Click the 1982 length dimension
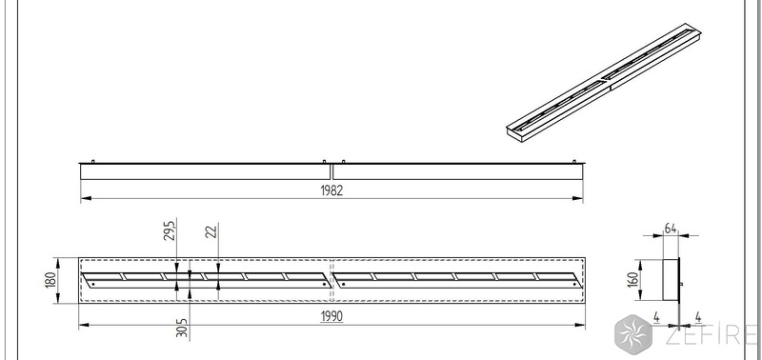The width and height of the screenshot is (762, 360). [331, 190]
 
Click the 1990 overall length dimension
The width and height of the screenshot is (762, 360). [331, 317]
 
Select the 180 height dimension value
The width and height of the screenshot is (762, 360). [51, 281]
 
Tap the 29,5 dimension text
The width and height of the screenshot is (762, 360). [170, 230]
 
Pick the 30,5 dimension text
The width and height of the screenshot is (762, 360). [182, 328]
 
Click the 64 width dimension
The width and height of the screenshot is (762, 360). [671, 229]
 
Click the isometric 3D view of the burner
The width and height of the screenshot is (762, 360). [604, 83]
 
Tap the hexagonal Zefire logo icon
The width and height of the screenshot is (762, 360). [633, 333]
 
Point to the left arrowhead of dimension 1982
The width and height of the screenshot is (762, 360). [86, 198]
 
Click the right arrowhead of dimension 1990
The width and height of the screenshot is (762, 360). [580, 325]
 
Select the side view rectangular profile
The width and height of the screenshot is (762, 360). [671, 280]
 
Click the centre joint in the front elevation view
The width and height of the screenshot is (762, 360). [331, 172]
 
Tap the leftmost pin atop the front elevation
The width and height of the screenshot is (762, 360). [92, 161]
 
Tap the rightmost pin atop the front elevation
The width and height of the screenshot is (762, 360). [574, 161]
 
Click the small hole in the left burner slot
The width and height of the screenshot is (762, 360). [92, 284]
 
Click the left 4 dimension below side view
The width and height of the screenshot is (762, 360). [656, 318]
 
